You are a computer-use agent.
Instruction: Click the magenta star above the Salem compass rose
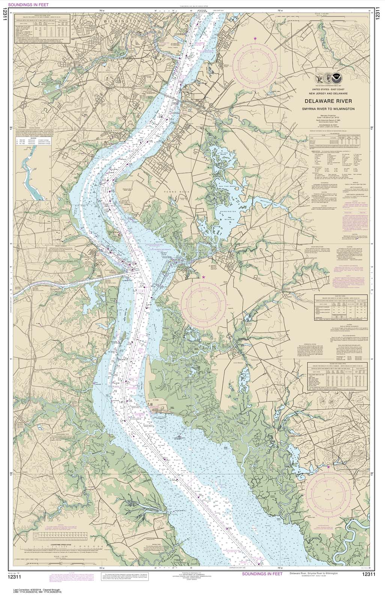coord(204,277)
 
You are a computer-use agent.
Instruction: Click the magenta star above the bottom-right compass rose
coord(328,467)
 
